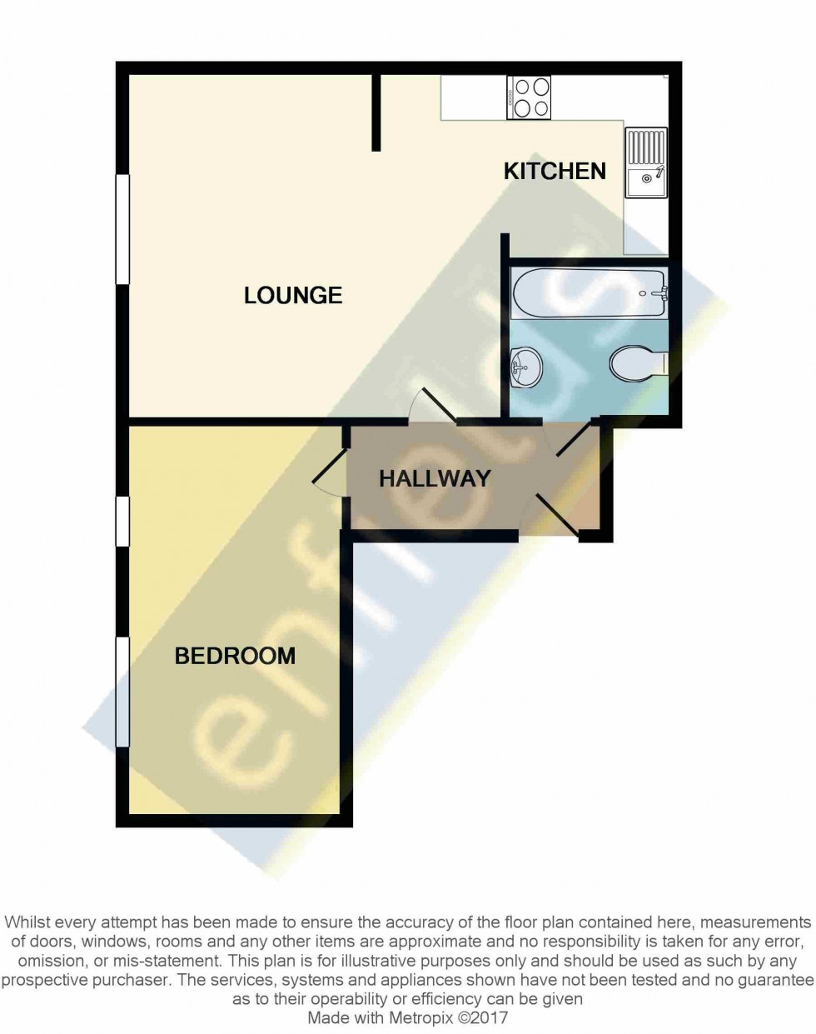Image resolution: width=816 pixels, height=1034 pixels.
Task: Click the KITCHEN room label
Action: point(555,171)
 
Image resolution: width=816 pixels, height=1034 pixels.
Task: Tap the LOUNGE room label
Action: point(293,295)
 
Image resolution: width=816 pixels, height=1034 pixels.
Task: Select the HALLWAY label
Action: point(435,478)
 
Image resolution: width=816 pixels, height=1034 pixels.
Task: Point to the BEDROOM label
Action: point(235,656)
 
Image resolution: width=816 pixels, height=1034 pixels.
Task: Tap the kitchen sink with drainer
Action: point(646,162)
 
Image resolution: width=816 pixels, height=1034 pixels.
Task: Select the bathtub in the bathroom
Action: point(589,292)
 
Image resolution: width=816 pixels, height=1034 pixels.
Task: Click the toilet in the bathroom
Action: point(638,363)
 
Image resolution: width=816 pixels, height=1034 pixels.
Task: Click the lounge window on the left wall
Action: point(122,229)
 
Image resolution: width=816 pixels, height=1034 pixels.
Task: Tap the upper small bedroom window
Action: point(122,521)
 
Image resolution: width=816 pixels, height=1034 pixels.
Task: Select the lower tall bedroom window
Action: point(122,692)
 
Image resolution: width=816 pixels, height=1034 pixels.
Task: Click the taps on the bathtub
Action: point(661,292)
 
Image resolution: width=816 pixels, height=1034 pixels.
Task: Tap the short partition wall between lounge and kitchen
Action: point(376,112)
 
